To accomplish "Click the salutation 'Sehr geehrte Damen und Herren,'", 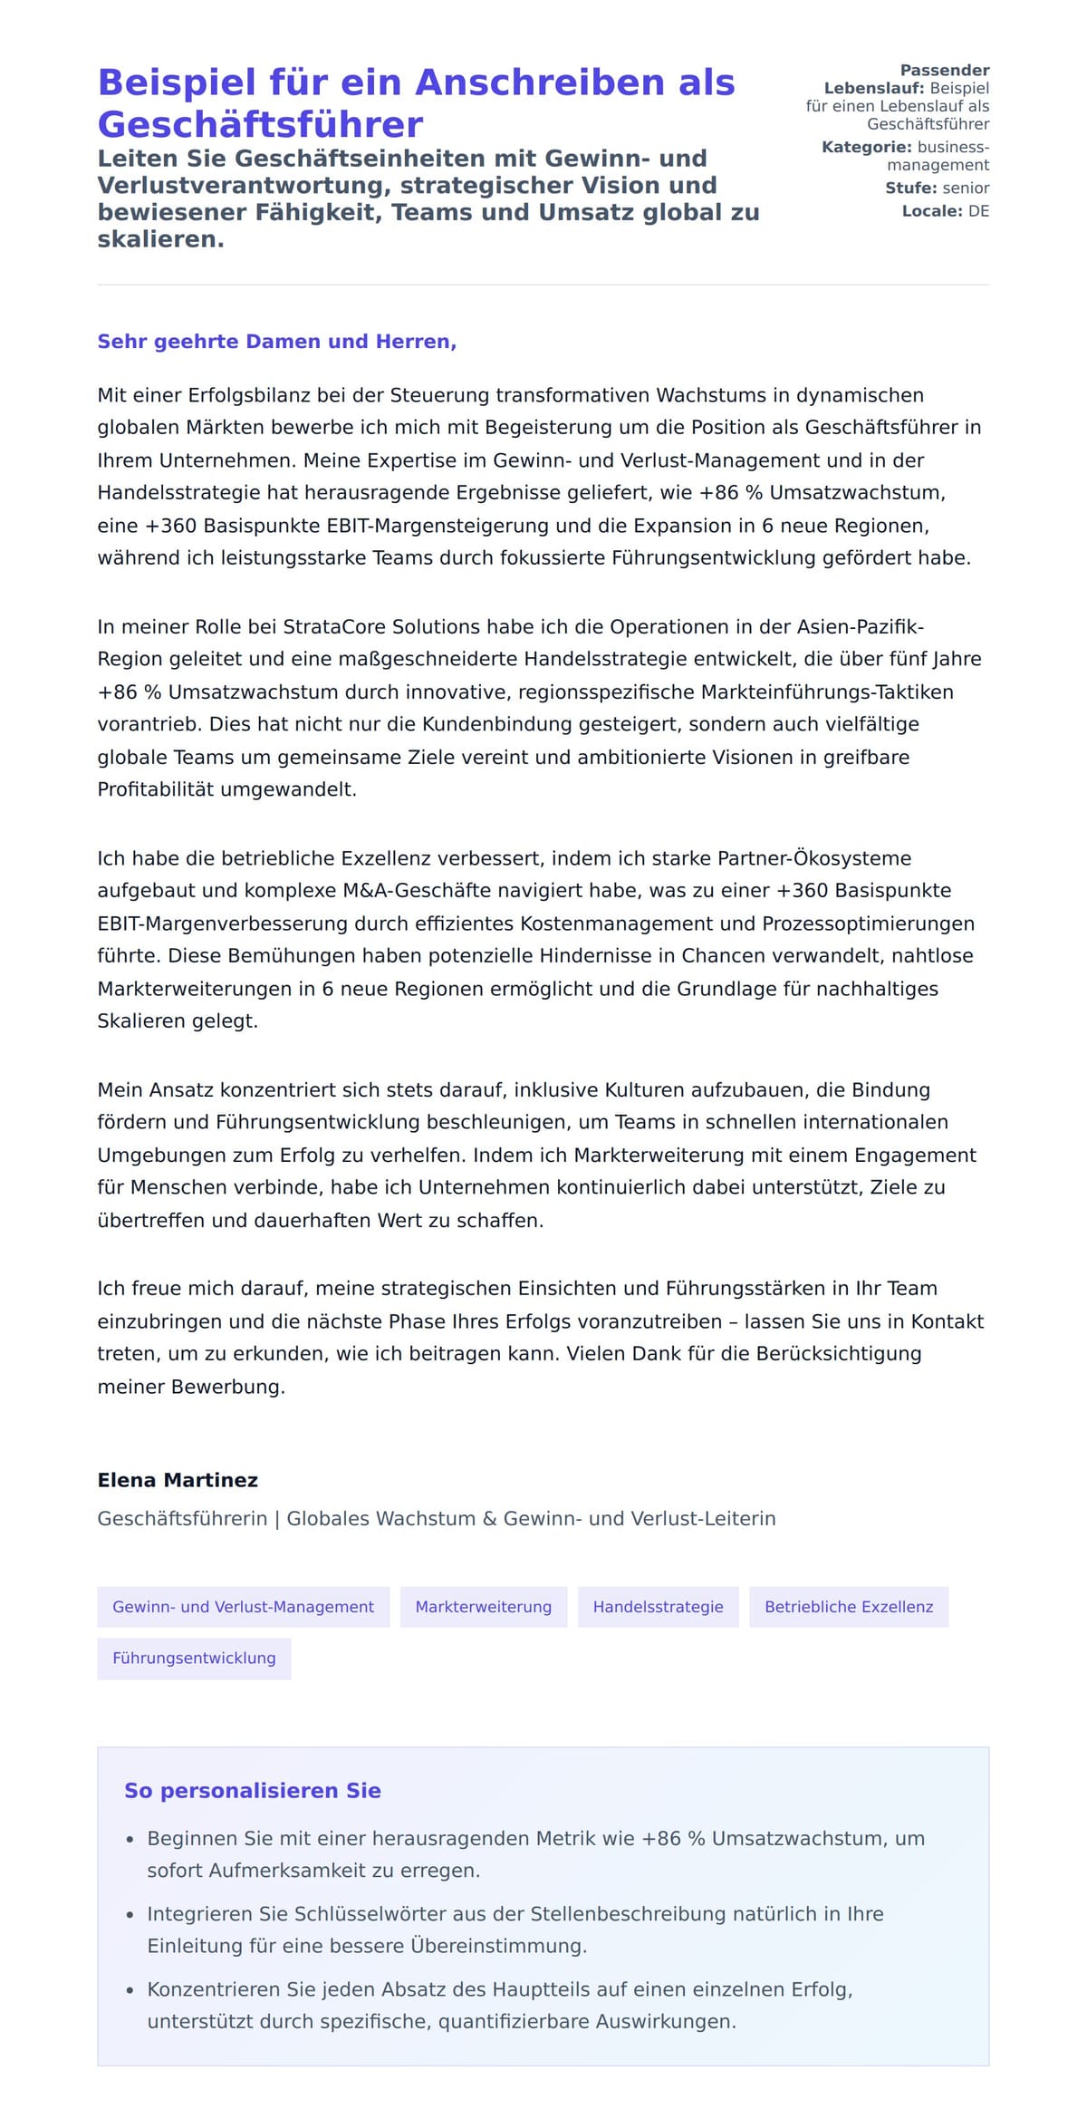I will point(276,342).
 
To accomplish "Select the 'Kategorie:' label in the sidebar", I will point(866,147).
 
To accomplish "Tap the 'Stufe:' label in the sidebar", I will point(910,188).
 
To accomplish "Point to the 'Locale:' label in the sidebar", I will point(931,211).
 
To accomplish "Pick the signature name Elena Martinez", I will point(178,1480).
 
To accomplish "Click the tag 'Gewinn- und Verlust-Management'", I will point(243,1607).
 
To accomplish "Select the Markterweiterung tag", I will point(483,1607).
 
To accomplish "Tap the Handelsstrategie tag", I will point(658,1607).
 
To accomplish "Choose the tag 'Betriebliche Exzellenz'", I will point(848,1607).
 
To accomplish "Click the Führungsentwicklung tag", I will point(194,1659).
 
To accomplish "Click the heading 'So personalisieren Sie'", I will point(253,1791).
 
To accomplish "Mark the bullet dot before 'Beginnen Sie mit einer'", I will point(130,1840).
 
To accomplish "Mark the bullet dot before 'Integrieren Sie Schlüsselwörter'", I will point(130,1915).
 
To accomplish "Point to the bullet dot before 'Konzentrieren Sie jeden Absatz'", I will point(130,1990).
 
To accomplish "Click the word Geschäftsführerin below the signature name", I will point(182,1519).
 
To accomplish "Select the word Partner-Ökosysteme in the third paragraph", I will point(814,858).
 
